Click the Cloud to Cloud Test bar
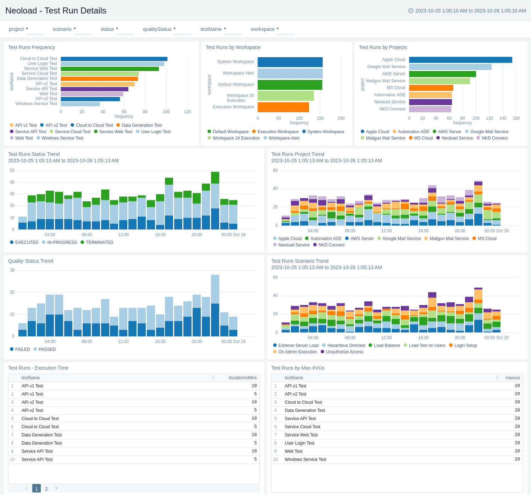[x=114, y=59]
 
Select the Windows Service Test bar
[x=80, y=104]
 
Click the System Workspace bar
[x=290, y=62]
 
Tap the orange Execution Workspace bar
[x=283, y=107]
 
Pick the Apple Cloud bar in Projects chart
[x=460, y=60]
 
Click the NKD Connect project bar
[x=430, y=109]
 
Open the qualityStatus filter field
[x=182, y=30]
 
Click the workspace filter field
[x=285, y=30]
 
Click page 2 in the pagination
[x=46, y=489]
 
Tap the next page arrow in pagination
[x=56, y=489]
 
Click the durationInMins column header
[x=243, y=378]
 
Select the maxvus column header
[x=513, y=378]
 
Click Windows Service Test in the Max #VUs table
[x=305, y=459]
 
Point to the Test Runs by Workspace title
[x=233, y=47]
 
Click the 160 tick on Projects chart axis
[x=516, y=118]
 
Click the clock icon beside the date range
[x=411, y=11]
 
